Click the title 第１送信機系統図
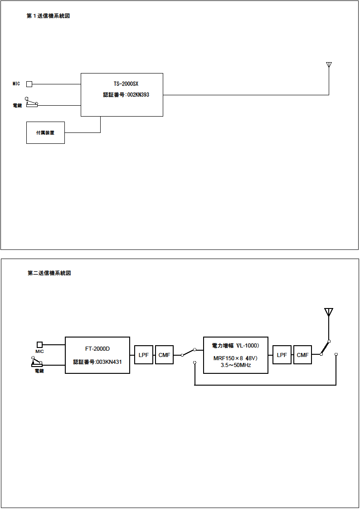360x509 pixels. pyautogui.click(x=48, y=16)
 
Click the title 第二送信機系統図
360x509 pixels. pyautogui.click(x=49, y=273)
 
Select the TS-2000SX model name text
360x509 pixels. pyautogui.click(x=126, y=84)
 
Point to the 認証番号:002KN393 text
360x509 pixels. pyautogui.click(x=126, y=95)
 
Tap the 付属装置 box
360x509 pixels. pyautogui.click(x=45, y=133)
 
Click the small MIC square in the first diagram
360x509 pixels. pyautogui.click(x=29, y=84)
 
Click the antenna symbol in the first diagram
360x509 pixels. pyautogui.click(x=329, y=65)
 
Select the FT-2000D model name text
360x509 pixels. pyautogui.click(x=97, y=349)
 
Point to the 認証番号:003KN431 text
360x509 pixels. pyautogui.click(x=97, y=362)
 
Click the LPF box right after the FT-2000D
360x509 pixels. pyautogui.click(x=144, y=355)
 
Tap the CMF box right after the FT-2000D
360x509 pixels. pyautogui.click(x=164, y=355)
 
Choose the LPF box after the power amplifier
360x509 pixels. pyautogui.click(x=282, y=355)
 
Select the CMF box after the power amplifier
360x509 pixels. pyautogui.click(x=302, y=355)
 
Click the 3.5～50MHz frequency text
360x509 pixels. pyautogui.click(x=235, y=365)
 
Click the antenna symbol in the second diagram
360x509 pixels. pyautogui.click(x=329, y=312)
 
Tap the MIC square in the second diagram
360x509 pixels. pyautogui.click(x=39, y=344)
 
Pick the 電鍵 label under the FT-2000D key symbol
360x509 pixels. pyautogui.click(x=39, y=371)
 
